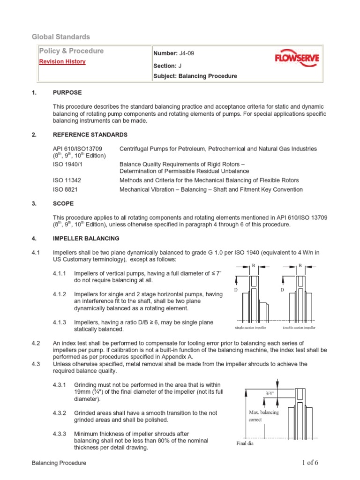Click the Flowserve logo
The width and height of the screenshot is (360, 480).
[296, 60]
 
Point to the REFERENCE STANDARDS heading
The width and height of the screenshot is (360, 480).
[90, 135]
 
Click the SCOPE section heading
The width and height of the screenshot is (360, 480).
[63, 203]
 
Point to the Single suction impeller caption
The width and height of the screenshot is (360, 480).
[252, 328]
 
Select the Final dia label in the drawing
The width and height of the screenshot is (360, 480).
[244, 443]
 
